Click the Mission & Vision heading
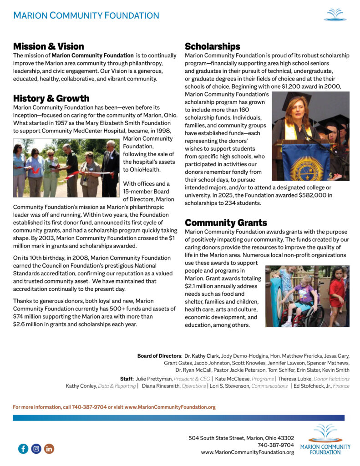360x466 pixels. coord(49,46)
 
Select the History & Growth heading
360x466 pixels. coord(51,99)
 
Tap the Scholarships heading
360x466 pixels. coord(212,46)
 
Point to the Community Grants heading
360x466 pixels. coord(226,223)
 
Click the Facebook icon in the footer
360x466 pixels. coord(23,449)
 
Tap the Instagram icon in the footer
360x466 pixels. coord(36,449)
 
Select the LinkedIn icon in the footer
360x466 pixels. coord(49,449)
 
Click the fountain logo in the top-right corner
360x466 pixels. coord(335,15)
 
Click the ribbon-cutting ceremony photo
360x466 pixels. coord(66,167)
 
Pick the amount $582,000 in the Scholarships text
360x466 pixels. coord(291,195)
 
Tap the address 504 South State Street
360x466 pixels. coord(221,438)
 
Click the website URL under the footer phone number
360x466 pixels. coord(247,452)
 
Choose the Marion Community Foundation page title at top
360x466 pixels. coord(86,16)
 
